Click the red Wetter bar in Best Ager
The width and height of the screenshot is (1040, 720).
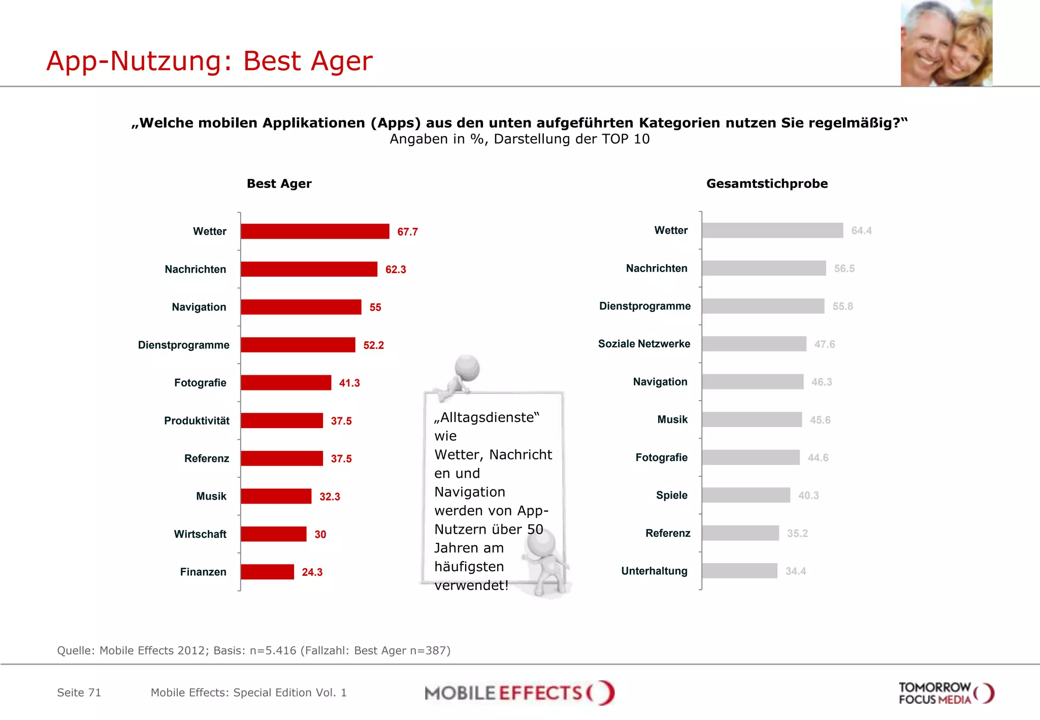tap(315, 231)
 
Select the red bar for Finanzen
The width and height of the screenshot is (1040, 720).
tap(267, 572)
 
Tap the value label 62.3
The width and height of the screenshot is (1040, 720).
tap(396, 270)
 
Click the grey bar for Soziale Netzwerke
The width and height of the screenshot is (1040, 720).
tap(754, 344)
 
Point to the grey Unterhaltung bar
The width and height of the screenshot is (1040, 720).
tap(739, 571)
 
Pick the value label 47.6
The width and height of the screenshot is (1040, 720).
tap(824, 344)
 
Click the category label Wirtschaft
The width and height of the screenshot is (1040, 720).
tap(200, 534)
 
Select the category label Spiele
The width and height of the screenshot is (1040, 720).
tap(671, 495)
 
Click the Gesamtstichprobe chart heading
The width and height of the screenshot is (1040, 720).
tap(767, 184)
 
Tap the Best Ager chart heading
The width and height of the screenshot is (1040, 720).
tap(279, 184)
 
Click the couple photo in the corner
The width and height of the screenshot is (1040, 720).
tap(946, 43)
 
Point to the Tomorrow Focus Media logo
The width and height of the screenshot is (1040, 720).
tap(946, 693)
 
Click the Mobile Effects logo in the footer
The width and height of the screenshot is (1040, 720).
tap(519, 693)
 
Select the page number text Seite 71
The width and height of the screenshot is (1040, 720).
tap(79, 693)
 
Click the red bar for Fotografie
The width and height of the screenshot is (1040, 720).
tap(286, 383)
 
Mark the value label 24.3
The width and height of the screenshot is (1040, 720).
tap(312, 572)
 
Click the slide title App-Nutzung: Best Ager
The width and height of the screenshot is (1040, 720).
tap(209, 61)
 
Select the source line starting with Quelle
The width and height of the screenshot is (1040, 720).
tap(253, 650)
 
